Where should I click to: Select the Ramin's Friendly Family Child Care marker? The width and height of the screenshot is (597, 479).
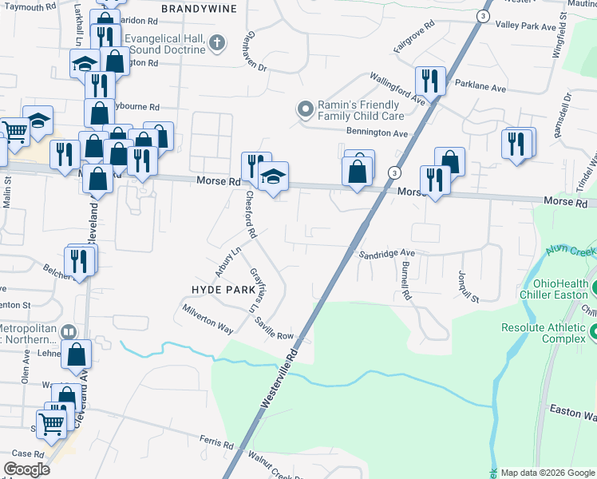(x=304, y=108)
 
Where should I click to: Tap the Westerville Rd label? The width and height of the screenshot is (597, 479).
(x=280, y=379)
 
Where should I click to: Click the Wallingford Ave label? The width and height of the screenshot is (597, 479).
(x=396, y=88)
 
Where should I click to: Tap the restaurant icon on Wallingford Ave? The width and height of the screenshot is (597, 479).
(x=429, y=80)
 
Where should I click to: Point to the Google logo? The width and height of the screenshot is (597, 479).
(x=27, y=469)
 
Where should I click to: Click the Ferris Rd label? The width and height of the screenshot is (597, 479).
(x=217, y=445)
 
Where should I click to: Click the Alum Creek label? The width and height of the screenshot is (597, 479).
(x=571, y=251)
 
